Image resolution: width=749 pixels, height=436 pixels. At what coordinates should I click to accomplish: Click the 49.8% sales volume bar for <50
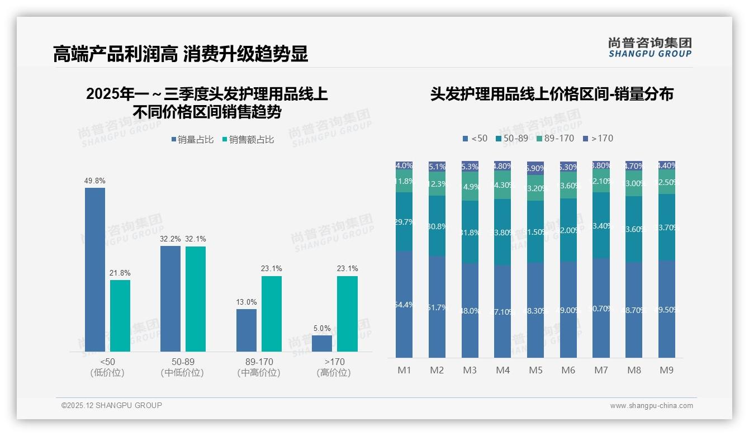pos(95,269)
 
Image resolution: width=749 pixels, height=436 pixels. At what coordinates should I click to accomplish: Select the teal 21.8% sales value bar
pos(120,316)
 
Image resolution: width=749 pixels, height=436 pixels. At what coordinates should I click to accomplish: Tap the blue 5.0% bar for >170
pos(322,343)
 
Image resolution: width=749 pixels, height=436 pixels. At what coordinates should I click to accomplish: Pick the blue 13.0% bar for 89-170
pos(246,330)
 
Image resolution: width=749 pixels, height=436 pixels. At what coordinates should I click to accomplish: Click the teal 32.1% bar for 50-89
pos(196,299)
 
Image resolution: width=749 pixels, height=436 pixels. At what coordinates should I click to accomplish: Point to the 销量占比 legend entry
pos(192,140)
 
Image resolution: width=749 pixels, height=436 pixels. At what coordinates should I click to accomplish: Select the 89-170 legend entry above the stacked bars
pos(555,138)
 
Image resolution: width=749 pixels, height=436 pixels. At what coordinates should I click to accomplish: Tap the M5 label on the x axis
pos(535,370)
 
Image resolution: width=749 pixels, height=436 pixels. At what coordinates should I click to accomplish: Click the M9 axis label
pos(667,370)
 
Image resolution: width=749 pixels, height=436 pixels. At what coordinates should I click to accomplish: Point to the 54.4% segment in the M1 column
pos(404,305)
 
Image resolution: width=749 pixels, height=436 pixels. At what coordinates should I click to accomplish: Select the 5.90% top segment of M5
pos(535,168)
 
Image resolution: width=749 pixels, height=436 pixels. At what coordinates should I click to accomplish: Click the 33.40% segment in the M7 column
pos(601,226)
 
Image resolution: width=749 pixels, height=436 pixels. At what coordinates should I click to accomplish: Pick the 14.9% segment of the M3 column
pos(470,186)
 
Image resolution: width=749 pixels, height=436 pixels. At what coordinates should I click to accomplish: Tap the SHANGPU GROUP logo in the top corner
pos(650,48)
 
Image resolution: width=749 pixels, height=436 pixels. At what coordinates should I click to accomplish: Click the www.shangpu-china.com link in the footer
pos(651,406)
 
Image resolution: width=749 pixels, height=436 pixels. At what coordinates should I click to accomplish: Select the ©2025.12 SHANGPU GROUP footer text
pos(112,405)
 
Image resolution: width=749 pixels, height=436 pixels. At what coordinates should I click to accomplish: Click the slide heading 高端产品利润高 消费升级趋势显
pos(181,54)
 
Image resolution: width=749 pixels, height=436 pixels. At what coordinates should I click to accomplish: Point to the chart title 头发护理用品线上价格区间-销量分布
pos(551,94)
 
